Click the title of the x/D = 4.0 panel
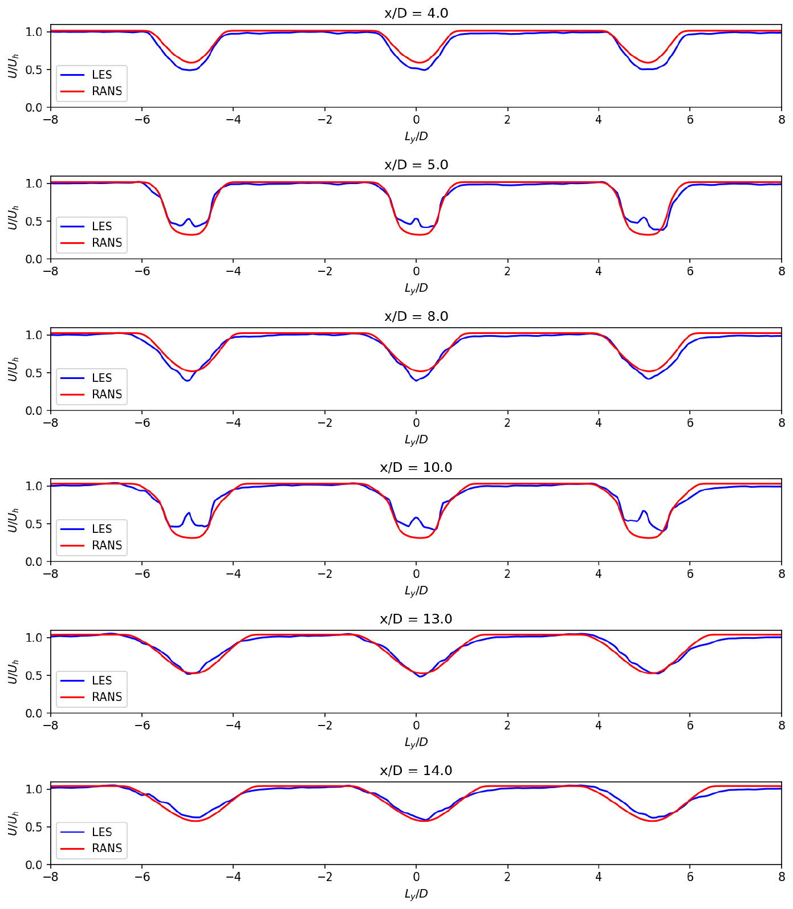click(416, 13)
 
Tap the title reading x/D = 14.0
click(416, 771)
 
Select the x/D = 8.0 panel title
click(416, 316)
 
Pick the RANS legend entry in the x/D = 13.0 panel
click(91, 697)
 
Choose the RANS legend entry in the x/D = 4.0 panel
click(91, 91)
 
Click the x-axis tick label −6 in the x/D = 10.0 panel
click(142, 574)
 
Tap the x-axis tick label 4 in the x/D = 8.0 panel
click(599, 423)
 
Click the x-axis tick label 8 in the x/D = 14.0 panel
click(782, 877)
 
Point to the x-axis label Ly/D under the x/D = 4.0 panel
click(416, 136)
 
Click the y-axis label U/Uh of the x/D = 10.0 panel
click(13, 520)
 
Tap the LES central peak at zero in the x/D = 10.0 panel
click(416, 517)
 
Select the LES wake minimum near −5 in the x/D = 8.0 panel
click(187, 381)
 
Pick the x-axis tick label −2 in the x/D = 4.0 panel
click(325, 120)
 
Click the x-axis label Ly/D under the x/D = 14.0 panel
click(416, 894)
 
